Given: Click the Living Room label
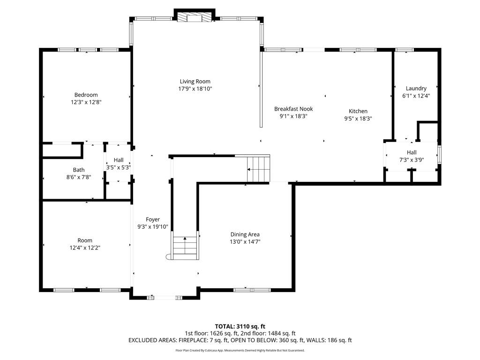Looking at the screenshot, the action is (x=195, y=82).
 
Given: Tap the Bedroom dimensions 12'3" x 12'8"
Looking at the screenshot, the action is (x=86, y=102).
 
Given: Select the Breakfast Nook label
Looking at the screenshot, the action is (x=293, y=109).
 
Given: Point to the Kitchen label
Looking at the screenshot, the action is (x=358, y=111).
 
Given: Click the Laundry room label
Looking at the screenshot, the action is (x=416, y=89).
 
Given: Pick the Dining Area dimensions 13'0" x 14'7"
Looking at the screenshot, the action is (x=245, y=242).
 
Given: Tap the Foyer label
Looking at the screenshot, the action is (x=153, y=219).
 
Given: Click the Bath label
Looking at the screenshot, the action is (x=79, y=170).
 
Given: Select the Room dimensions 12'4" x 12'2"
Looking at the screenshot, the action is (x=85, y=247).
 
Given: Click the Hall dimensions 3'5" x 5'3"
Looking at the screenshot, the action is (x=119, y=167).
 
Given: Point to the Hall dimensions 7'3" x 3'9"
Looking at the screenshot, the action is (x=412, y=160).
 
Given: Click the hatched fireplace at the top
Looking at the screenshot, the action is (x=195, y=17).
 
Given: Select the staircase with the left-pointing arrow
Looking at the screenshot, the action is (x=258, y=169).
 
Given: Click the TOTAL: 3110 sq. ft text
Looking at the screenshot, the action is (x=240, y=326).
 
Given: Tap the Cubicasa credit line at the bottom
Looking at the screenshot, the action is (x=240, y=351).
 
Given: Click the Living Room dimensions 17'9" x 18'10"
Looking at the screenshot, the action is (x=195, y=89).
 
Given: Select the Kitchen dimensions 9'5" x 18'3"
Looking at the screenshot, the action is (x=358, y=119).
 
